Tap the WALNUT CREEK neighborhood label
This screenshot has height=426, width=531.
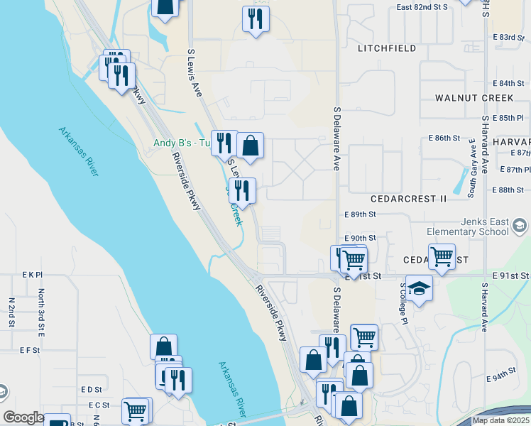click(473, 97)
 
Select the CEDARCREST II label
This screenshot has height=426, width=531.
click(408, 200)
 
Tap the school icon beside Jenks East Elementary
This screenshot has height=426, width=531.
click(520, 226)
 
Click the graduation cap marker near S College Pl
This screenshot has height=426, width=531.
click(419, 288)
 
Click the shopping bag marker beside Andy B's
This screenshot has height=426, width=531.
click(250, 146)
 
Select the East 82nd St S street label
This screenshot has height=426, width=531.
click(422, 7)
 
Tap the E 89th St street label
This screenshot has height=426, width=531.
click(359, 214)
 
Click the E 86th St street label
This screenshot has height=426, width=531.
click(444, 138)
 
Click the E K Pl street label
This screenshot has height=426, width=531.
click(33, 274)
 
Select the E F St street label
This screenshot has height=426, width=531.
click(29, 350)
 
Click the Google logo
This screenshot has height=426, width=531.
click(24, 417)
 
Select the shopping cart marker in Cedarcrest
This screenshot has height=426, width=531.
click(442, 256)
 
